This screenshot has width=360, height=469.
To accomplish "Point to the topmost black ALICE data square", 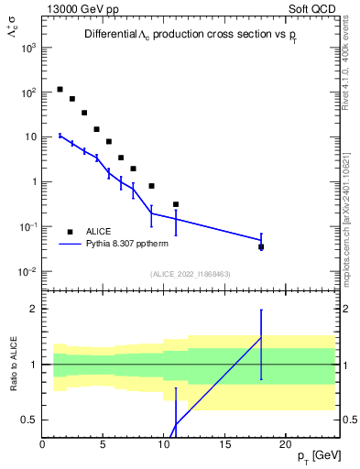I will pos(60,90).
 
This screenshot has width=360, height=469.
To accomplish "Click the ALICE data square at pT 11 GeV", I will pos(176,204).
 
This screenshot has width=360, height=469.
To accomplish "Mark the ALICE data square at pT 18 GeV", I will pos(261,246).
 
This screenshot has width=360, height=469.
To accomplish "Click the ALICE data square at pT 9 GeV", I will pos(151,186).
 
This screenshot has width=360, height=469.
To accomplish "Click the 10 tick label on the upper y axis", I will pos(29,137).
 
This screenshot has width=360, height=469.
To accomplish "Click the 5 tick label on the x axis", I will pos(104,443).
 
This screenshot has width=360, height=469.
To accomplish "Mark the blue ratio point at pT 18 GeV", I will pos(261,337).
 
